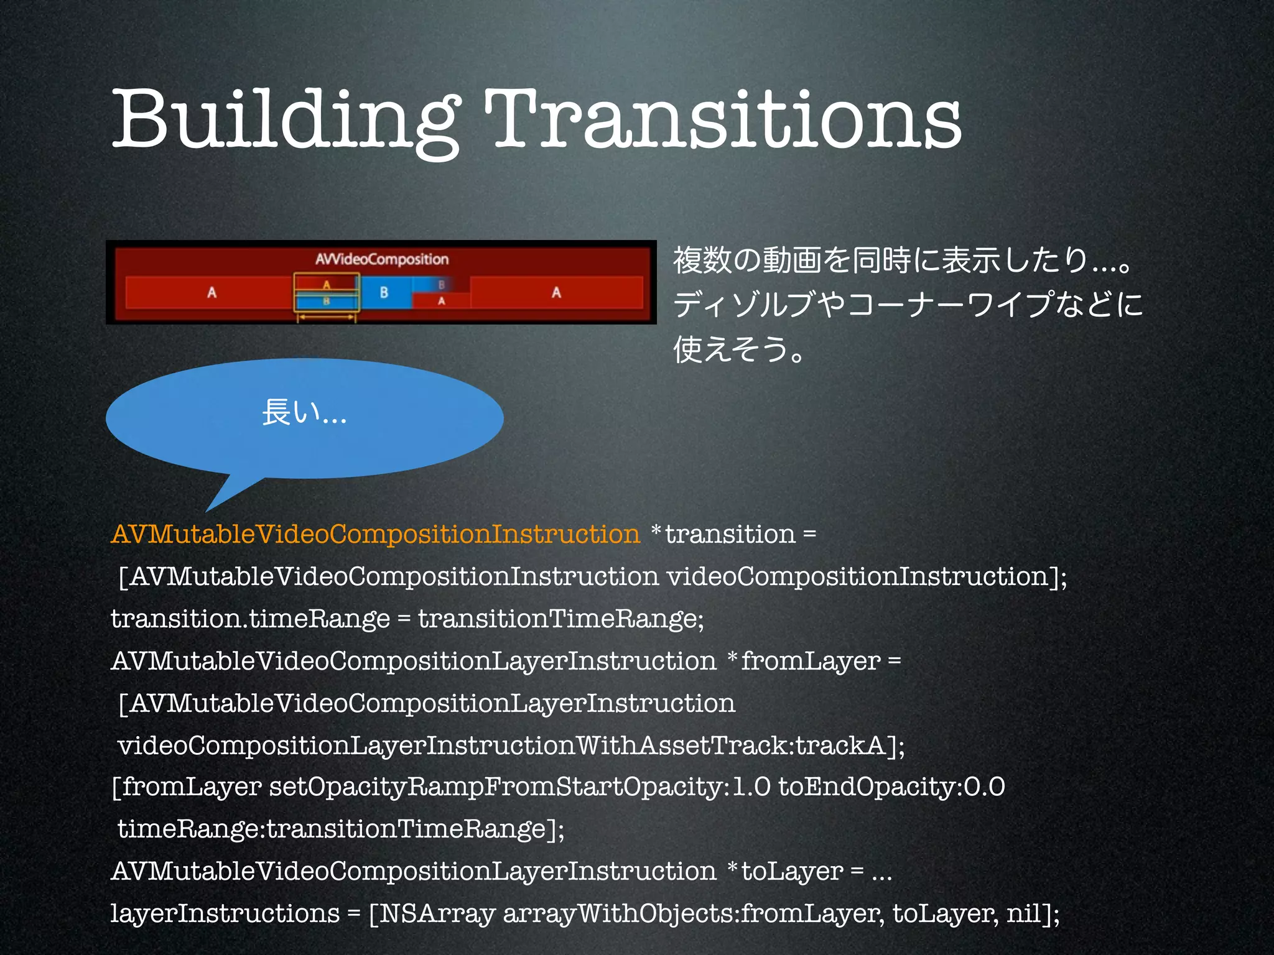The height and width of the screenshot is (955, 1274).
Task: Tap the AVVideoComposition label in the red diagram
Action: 382,259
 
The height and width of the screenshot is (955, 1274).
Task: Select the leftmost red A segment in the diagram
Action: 212,292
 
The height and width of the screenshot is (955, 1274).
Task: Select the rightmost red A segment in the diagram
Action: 556,292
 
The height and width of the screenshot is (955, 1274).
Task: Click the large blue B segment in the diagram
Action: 384,292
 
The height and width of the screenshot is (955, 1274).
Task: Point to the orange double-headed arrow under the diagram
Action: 326,318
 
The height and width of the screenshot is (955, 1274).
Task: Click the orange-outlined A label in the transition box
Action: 326,284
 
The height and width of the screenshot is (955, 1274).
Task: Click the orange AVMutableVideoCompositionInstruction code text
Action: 375,534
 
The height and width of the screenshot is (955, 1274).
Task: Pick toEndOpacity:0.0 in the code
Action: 891,787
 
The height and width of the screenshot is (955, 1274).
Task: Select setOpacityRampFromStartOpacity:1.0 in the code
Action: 519,787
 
